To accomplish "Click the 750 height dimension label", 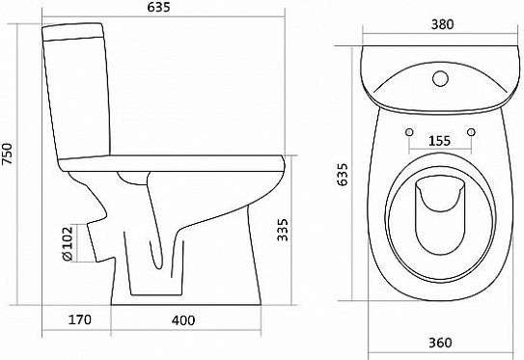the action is pos(8,153).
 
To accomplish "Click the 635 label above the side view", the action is pos(158,7).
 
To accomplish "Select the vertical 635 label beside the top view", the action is pos(343,174).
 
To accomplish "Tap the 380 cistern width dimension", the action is pos(442,24).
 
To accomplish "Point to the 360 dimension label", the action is pos(440,343).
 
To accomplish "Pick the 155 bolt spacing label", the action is pos(439,141).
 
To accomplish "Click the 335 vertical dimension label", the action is pos(283,230).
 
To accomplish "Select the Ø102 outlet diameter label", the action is pos(68,243).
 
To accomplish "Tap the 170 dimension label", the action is pos(79,319).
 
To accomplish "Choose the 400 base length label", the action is pos(183,320).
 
